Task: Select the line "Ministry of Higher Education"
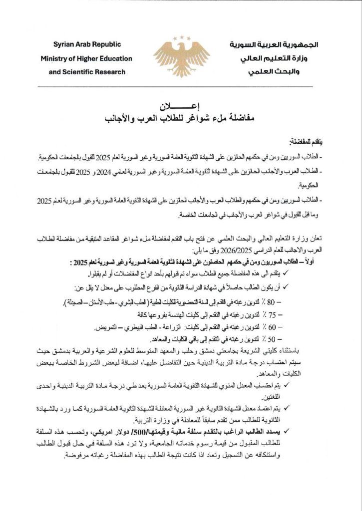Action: click(86, 58)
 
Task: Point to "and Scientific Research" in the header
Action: click(87, 71)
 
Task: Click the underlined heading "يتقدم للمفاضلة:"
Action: click(306, 143)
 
